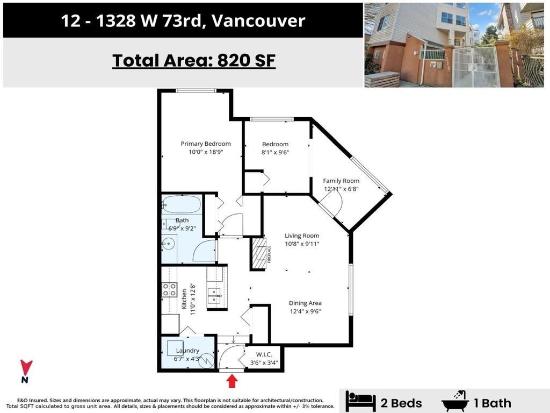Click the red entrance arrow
(231, 381)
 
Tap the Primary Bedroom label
(206, 144)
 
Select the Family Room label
(341, 181)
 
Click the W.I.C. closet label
(263, 354)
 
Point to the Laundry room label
(187, 351)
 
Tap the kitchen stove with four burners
(170, 290)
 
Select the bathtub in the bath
(182, 205)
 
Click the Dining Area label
(305, 303)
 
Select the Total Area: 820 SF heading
(193, 61)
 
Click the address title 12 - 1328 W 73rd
(183, 21)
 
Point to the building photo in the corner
(454, 45)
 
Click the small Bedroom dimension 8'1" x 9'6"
(275, 153)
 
